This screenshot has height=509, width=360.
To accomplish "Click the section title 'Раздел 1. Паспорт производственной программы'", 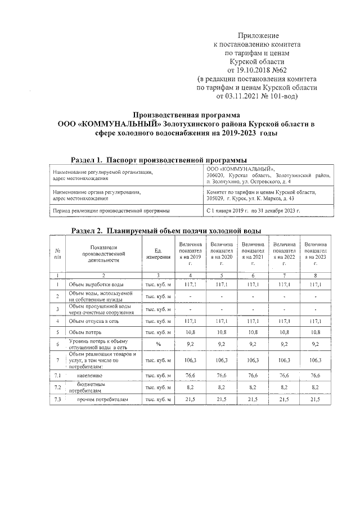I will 159,159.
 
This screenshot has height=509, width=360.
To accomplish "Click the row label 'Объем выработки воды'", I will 97,285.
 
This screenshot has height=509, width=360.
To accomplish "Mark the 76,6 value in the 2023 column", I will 316,375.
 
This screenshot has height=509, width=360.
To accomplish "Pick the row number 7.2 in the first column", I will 58,387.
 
